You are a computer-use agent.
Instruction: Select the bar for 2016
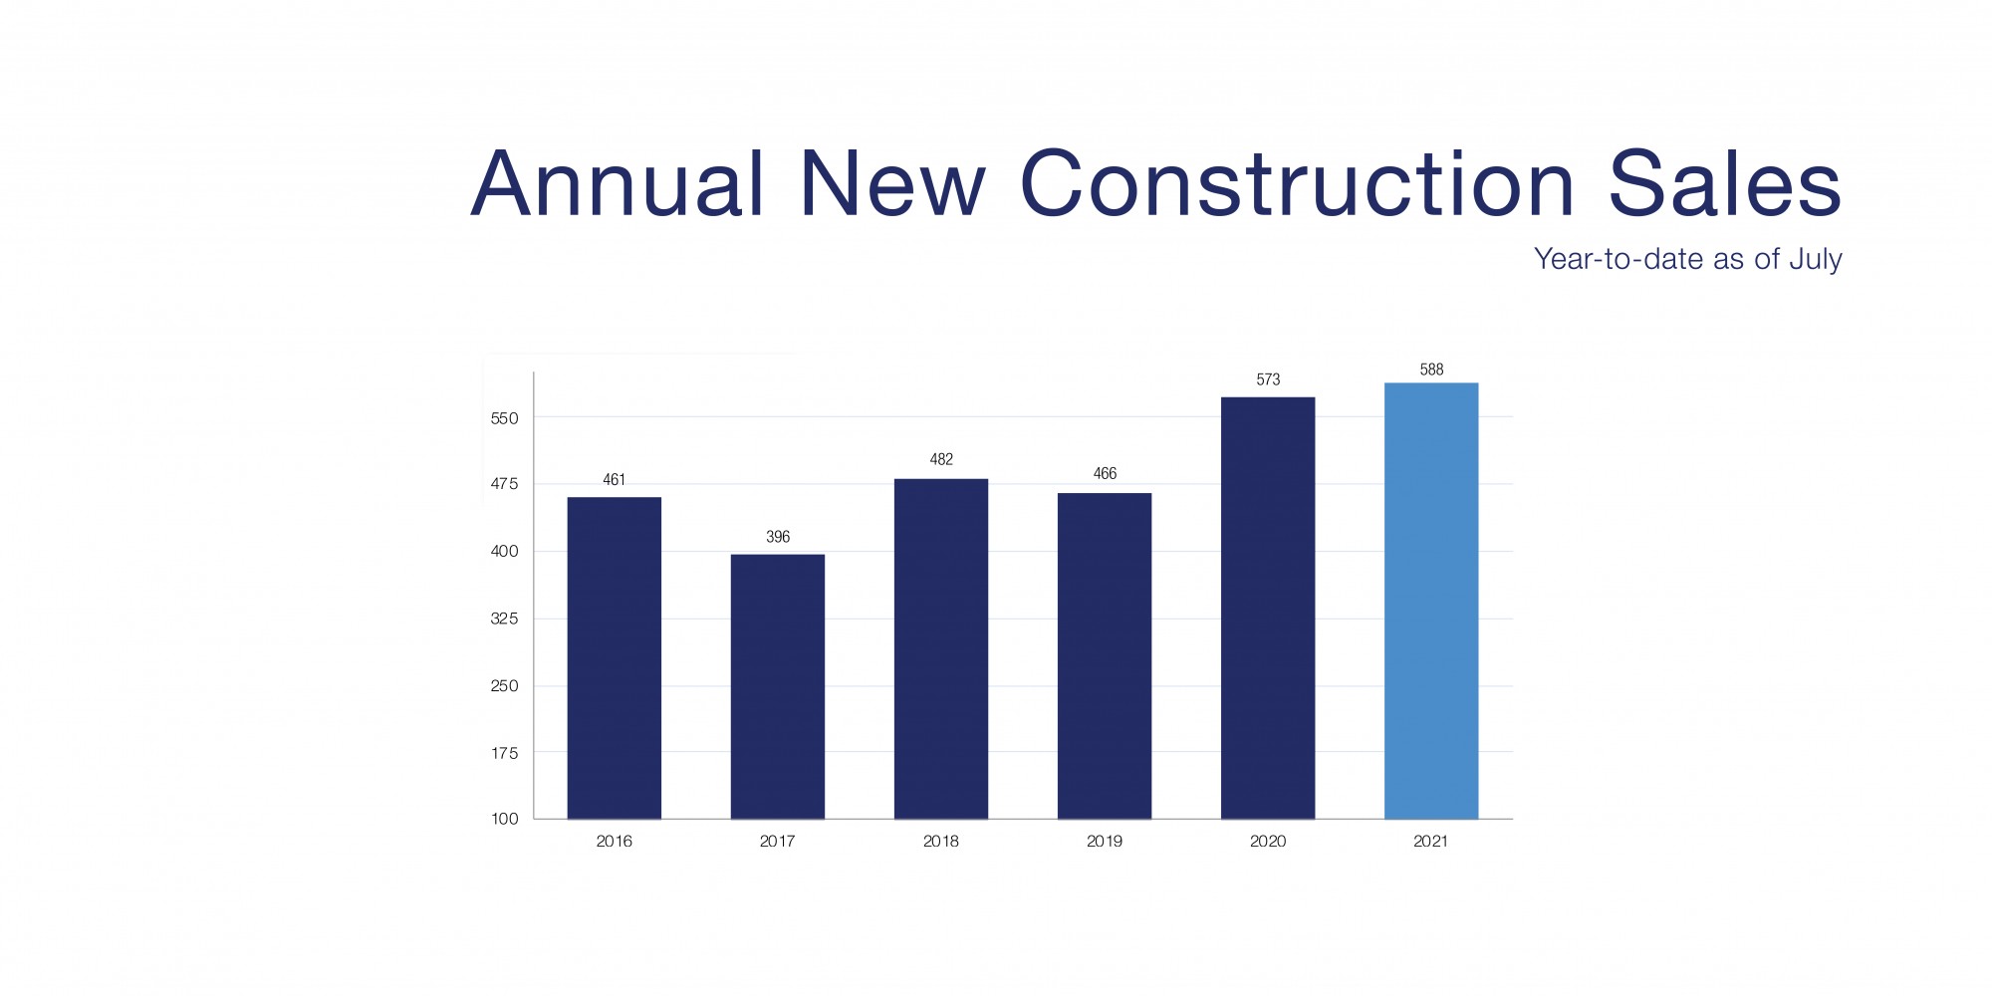pos(614,657)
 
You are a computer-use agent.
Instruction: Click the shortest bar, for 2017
pos(777,686)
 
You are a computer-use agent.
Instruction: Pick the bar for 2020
pos(1267,608)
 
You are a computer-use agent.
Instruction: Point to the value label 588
pos(1431,370)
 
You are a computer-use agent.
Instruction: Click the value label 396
pos(778,537)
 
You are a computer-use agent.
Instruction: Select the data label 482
pos(941,459)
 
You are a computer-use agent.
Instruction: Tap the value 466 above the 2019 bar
pos(1105,473)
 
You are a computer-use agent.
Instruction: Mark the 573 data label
pos(1268,379)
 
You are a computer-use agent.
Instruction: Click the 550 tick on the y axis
pos(505,418)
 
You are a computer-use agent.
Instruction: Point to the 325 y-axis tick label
pos(505,619)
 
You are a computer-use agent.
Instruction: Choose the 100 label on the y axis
pos(505,819)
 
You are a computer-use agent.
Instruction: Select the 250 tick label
pos(505,685)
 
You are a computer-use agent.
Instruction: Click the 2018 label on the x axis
pos(941,842)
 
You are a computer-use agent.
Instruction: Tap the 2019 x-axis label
pos(1105,842)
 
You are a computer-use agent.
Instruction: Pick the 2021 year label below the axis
pos(1431,842)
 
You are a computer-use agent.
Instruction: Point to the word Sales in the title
pos(1724,184)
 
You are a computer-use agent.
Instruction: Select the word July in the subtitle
pos(1816,260)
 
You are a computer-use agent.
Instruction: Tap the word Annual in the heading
pos(618,184)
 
